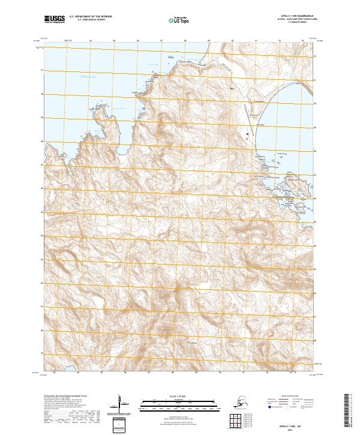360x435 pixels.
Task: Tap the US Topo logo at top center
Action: click(x=179, y=20)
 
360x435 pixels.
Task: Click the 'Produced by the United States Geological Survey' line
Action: click(x=67, y=396)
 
